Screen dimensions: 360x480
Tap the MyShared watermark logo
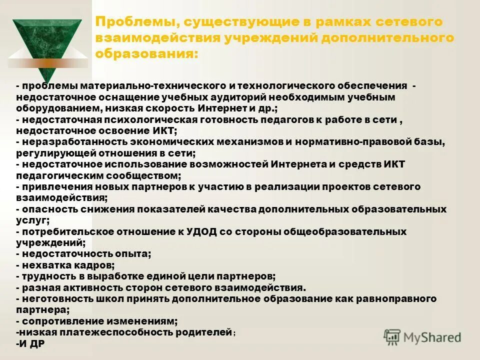click(422, 337)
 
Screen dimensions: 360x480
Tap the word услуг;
click(32, 220)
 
